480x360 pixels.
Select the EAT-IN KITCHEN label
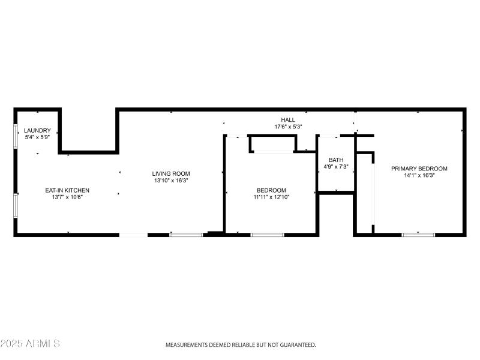point(67,190)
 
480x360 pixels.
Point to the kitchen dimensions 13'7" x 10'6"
point(67,197)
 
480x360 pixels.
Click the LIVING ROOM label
point(171,173)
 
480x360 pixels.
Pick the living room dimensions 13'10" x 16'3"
point(171,180)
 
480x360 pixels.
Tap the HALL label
point(288,120)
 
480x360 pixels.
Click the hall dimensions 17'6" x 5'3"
point(288,127)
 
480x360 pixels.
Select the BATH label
point(336,160)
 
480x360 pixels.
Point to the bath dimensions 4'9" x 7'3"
point(336,166)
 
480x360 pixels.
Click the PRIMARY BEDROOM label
point(419,169)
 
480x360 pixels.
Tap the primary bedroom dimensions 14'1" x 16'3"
point(419,175)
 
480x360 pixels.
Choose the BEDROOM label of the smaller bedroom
point(271,190)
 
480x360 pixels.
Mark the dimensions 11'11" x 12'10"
point(271,197)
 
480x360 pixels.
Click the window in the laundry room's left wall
point(15,135)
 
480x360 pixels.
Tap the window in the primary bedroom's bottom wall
point(418,234)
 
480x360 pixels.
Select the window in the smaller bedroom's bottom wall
point(267,234)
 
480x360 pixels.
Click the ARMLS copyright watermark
point(30,344)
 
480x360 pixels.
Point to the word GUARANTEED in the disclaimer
point(296,345)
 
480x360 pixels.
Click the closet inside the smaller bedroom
point(273,144)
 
